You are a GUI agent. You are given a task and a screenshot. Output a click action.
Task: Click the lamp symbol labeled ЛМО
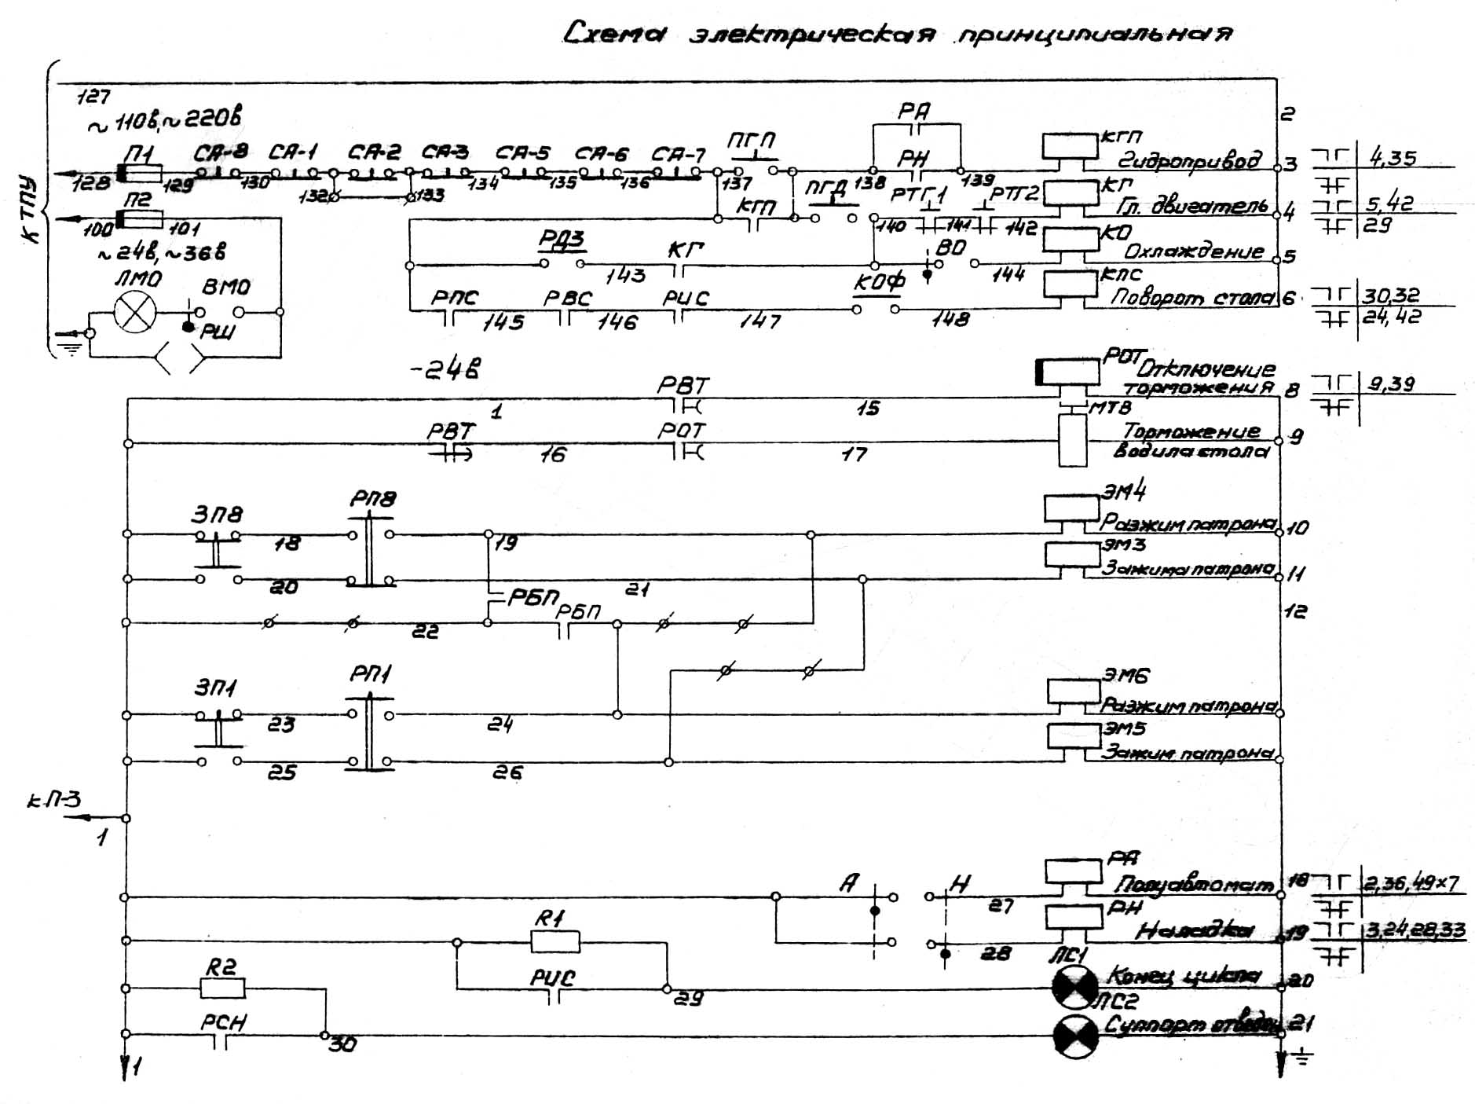point(136,312)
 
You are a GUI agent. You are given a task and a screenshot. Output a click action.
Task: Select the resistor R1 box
point(554,941)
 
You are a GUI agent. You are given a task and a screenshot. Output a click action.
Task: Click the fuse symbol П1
point(140,173)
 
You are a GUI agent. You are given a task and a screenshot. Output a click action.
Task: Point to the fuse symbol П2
point(140,218)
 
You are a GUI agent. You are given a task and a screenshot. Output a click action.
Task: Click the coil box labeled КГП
point(1070,146)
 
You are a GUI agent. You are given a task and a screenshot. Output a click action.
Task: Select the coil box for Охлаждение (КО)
point(1070,239)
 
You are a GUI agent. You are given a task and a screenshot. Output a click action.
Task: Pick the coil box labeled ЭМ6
point(1074,691)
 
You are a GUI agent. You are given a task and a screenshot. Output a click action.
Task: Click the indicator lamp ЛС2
point(1074,1035)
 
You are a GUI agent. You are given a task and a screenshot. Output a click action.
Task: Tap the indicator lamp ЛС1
point(1074,988)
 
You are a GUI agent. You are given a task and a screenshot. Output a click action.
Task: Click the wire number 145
point(503,322)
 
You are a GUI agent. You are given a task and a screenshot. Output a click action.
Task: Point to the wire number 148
point(950,319)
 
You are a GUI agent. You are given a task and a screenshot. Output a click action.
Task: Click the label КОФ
point(879,281)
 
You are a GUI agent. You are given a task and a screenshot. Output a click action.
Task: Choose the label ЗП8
point(217,515)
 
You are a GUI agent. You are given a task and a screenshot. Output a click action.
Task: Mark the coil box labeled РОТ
point(1068,372)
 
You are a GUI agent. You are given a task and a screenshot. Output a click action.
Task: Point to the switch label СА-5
point(523,152)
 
